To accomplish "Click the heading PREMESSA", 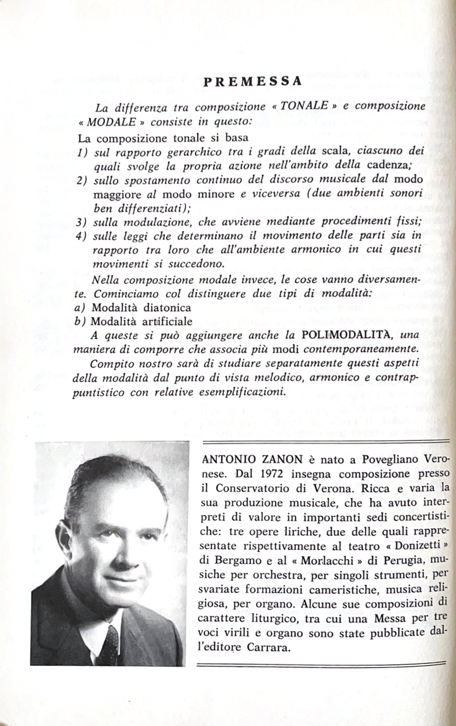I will coord(253,81).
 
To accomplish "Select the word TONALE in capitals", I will coord(304,106).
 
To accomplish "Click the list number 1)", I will coord(83,153).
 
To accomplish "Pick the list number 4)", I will coord(83,236).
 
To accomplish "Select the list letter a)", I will coord(81,308).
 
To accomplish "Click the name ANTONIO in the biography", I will coord(226,459).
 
